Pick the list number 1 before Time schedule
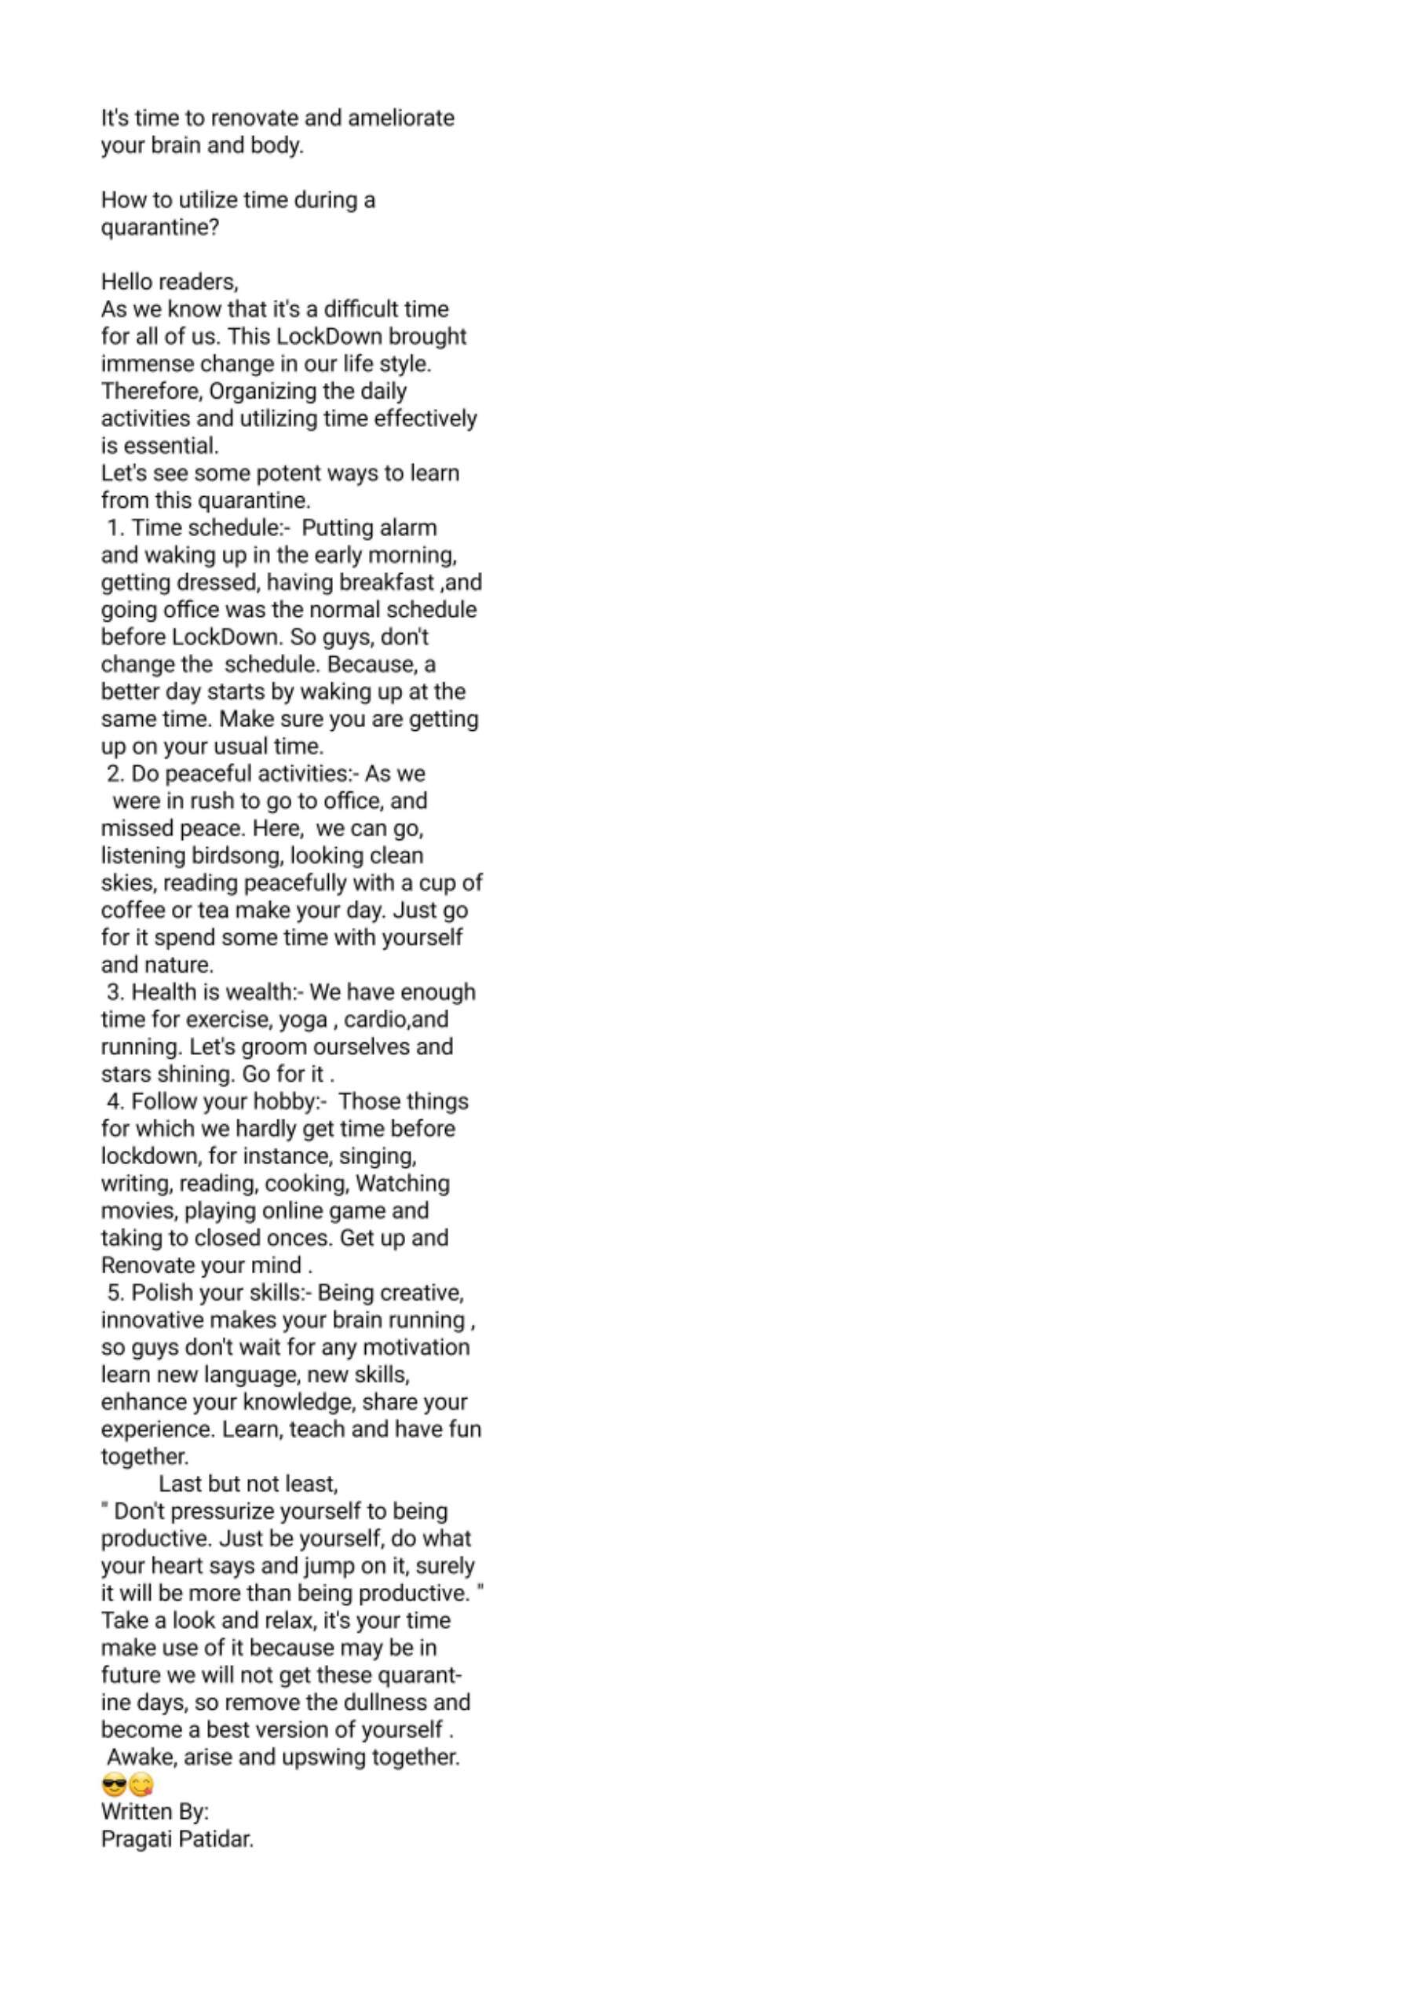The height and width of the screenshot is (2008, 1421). pyautogui.click(x=113, y=528)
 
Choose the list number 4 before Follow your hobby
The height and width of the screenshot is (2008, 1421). pyautogui.click(x=114, y=1101)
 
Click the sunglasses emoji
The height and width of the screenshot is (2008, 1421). pyautogui.click(x=114, y=1784)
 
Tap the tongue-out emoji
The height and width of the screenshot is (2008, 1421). pyautogui.click(x=141, y=1784)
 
